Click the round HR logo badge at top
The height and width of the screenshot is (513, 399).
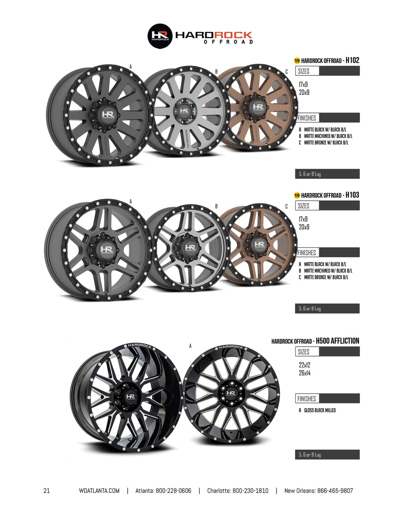(x=160, y=36)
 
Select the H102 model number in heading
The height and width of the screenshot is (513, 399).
(x=352, y=60)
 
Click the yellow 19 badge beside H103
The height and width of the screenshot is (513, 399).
(x=297, y=195)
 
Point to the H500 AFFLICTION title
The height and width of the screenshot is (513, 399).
(x=338, y=341)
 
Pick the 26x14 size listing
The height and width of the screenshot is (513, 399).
(x=304, y=373)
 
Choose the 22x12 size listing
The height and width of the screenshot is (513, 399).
(x=304, y=365)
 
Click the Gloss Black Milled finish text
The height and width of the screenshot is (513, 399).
(x=320, y=410)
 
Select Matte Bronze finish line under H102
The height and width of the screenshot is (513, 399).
(x=326, y=142)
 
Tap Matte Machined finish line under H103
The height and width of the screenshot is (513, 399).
(x=328, y=270)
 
